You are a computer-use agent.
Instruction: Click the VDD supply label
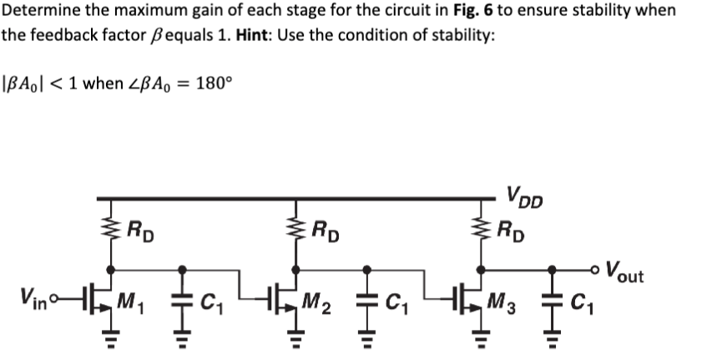click(523, 201)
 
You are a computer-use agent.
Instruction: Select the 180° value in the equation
click(211, 84)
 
